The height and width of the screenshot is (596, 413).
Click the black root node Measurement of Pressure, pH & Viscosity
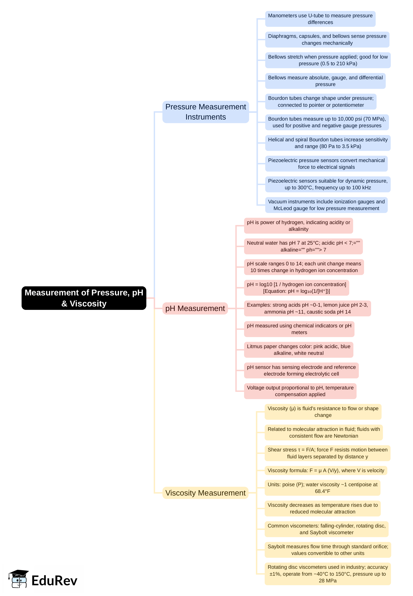click(84, 298)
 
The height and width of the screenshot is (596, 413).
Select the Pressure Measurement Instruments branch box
click(206, 112)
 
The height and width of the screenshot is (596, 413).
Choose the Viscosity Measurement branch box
click(205, 493)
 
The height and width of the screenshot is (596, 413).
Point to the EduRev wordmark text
click(54, 580)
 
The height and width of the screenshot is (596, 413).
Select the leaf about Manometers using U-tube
click(320, 19)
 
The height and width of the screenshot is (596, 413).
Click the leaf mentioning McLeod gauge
click(326, 205)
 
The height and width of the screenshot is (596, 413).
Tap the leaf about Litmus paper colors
click(298, 350)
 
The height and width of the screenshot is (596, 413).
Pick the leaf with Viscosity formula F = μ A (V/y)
click(326, 470)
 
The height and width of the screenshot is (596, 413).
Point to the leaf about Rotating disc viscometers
click(327, 574)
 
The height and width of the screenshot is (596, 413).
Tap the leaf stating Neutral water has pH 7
click(303, 246)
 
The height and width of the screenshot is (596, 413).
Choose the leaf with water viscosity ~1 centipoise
click(322, 488)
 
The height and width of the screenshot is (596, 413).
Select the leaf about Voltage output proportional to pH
click(300, 391)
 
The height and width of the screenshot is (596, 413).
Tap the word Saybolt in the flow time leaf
click(276, 546)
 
